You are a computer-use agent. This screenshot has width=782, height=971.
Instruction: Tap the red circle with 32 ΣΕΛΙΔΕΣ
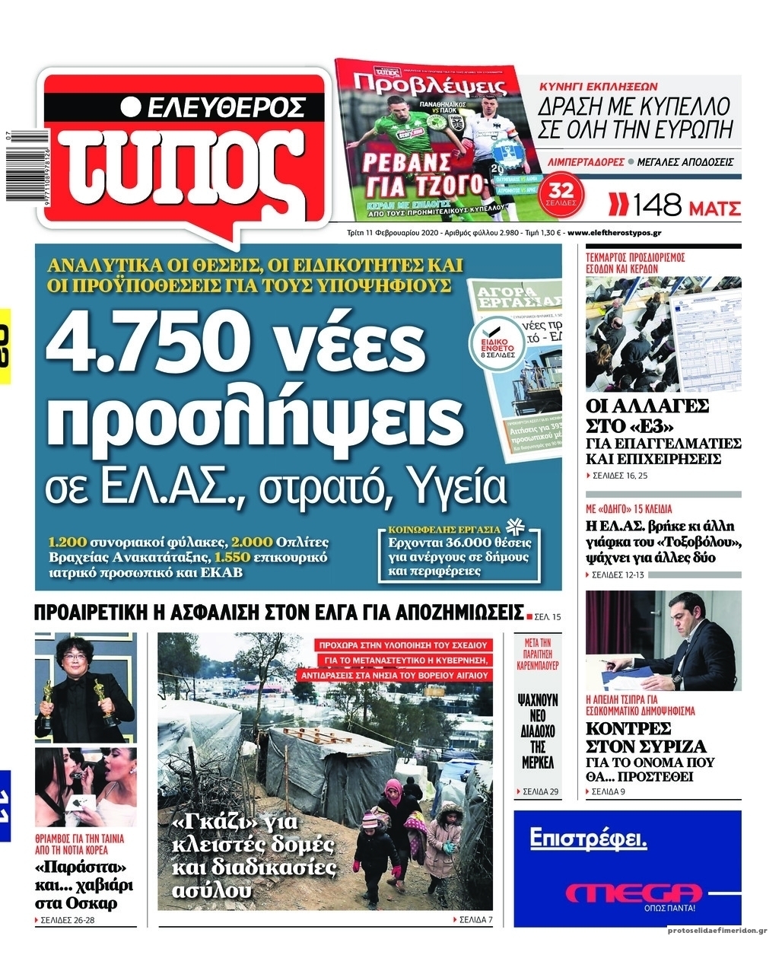click(562, 194)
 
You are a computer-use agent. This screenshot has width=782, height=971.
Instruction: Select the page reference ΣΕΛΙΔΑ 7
click(472, 919)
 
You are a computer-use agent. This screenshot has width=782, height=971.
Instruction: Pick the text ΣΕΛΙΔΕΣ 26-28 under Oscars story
click(66, 919)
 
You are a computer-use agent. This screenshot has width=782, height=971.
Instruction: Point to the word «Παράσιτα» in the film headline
click(80, 868)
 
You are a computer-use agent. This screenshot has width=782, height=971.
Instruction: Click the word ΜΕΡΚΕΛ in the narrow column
click(537, 762)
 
